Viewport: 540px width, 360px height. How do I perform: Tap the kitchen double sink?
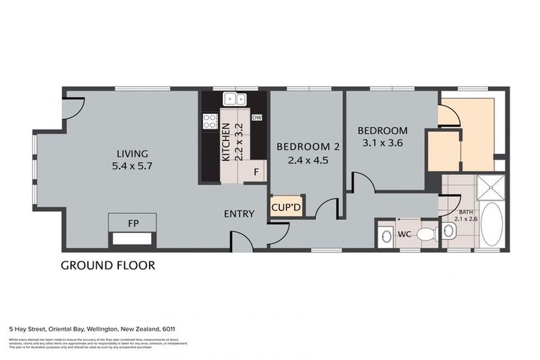click(233, 99)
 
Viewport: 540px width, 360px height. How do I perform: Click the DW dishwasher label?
click(257, 117)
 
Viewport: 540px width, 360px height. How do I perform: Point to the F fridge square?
click(257, 172)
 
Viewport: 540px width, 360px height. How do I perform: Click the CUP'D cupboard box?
click(286, 207)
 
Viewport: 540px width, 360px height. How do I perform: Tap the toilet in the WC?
click(425, 233)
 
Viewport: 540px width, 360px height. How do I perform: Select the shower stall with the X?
click(491, 188)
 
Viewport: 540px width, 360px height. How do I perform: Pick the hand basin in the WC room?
click(386, 237)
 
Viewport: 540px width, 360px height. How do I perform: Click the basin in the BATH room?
click(448, 231)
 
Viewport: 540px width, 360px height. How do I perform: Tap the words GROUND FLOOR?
click(108, 265)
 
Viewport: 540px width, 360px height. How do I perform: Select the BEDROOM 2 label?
click(308, 146)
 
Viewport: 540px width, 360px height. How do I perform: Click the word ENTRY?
click(239, 214)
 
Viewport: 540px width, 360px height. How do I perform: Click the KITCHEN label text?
click(226, 143)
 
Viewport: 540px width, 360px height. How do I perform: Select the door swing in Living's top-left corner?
click(72, 108)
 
